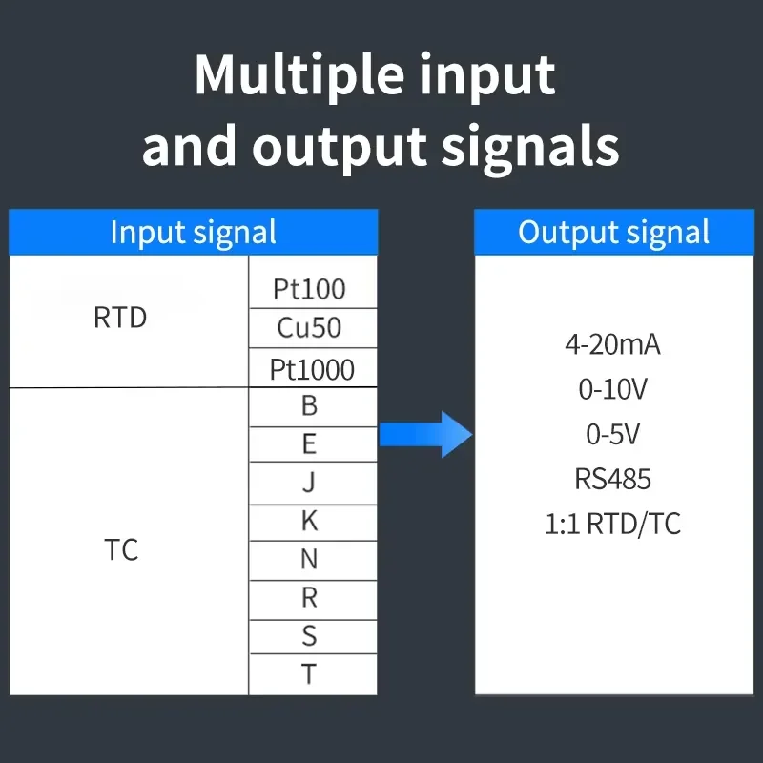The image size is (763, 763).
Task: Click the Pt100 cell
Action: pyautogui.click(x=313, y=282)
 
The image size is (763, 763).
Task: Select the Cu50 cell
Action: pyautogui.click(x=313, y=328)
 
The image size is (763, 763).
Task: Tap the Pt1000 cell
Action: pyautogui.click(x=313, y=368)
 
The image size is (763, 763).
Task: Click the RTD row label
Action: pyautogui.click(x=120, y=318)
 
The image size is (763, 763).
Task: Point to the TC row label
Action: pyautogui.click(x=121, y=550)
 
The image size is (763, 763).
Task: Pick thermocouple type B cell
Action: pyautogui.click(x=313, y=407)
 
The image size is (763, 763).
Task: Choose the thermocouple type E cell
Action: pyautogui.click(x=313, y=444)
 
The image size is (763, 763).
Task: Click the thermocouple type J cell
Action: pyautogui.click(x=313, y=484)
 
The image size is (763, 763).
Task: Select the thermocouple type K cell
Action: pyautogui.click(x=313, y=523)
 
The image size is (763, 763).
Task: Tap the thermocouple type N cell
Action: pyautogui.click(x=313, y=561)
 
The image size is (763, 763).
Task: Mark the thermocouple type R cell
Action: pyautogui.click(x=313, y=600)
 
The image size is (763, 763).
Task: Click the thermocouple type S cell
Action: pyautogui.click(x=313, y=637)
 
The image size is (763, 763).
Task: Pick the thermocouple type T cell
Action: pyautogui.click(x=313, y=674)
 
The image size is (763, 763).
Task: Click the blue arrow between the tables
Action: pyautogui.click(x=425, y=434)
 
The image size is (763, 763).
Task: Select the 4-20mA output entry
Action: pyautogui.click(x=612, y=344)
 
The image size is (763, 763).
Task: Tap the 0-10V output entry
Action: pyautogui.click(x=612, y=389)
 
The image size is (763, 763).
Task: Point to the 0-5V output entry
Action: pyautogui.click(x=612, y=434)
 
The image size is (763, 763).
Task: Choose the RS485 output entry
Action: pyautogui.click(x=612, y=479)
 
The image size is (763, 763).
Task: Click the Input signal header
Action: pyautogui.click(x=194, y=232)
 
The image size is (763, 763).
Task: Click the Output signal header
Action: pyautogui.click(x=614, y=232)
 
